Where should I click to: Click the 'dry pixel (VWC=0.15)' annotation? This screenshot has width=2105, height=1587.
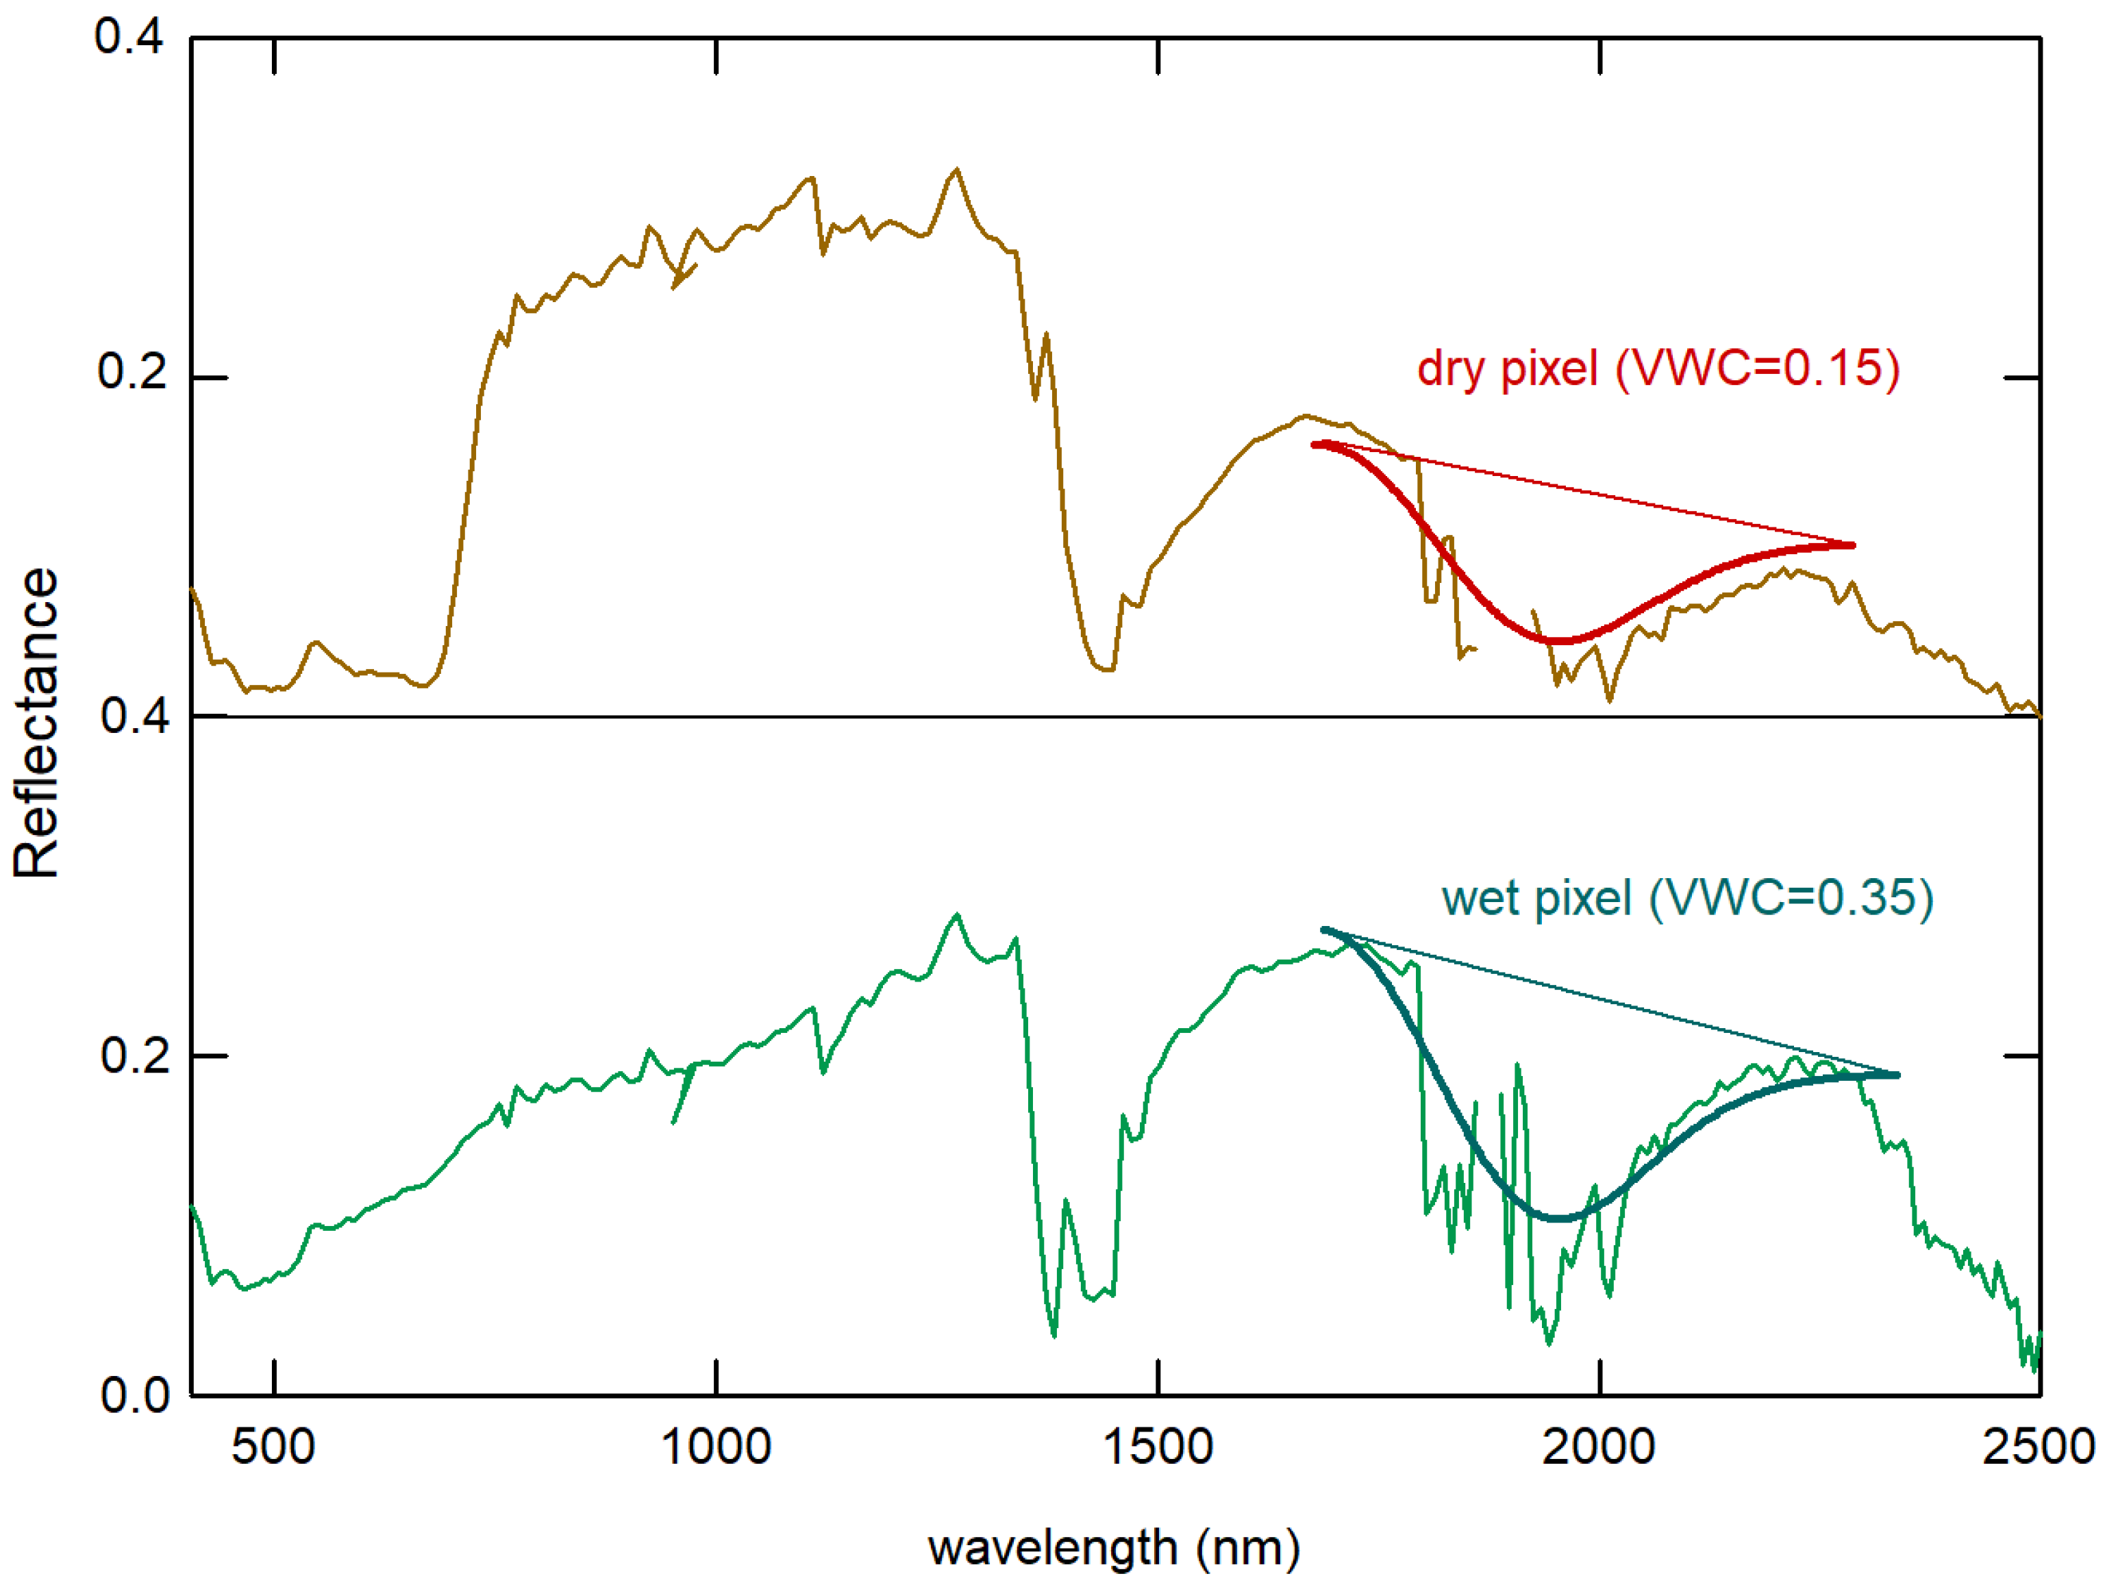pyautogui.click(x=1658, y=368)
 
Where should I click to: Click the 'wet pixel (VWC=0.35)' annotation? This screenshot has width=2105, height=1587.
pyautogui.click(x=1687, y=897)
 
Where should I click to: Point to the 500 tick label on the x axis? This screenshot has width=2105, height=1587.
pyautogui.click(x=273, y=1447)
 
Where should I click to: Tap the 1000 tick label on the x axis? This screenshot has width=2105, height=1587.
pyautogui.click(x=716, y=1447)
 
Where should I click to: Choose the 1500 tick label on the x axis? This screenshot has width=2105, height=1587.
pyautogui.click(x=1158, y=1447)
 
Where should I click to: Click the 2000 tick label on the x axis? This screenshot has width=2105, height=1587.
pyautogui.click(x=1599, y=1447)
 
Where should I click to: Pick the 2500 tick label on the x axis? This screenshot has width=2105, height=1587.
pyautogui.click(x=2039, y=1447)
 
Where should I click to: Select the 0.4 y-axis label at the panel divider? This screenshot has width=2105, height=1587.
pyautogui.click(x=135, y=716)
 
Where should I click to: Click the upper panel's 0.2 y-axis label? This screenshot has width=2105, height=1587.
pyautogui.click(x=132, y=371)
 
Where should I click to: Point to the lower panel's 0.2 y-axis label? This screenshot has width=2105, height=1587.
pyautogui.click(x=135, y=1055)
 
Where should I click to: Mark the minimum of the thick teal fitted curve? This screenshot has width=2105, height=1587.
pyautogui.click(x=1560, y=1218)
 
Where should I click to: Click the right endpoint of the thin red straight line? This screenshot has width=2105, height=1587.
pyautogui.click(x=1853, y=545)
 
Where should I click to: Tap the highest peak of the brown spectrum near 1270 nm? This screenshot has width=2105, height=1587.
pyautogui.click(x=956, y=171)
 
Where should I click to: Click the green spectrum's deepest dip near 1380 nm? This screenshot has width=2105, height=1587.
pyautogui.click(x=1054, y=1335)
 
